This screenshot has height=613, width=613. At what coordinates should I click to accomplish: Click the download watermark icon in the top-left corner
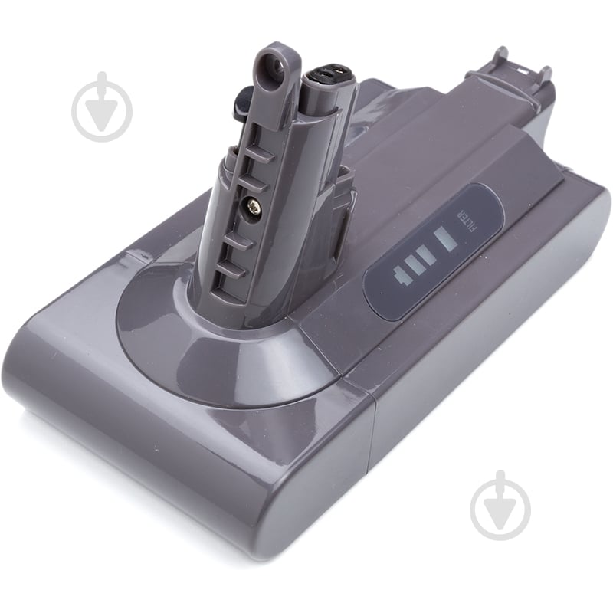(102, 107)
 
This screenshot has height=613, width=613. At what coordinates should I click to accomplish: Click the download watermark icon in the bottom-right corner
(500, 505)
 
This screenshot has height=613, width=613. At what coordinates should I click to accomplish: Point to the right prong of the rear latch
(545, 75)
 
